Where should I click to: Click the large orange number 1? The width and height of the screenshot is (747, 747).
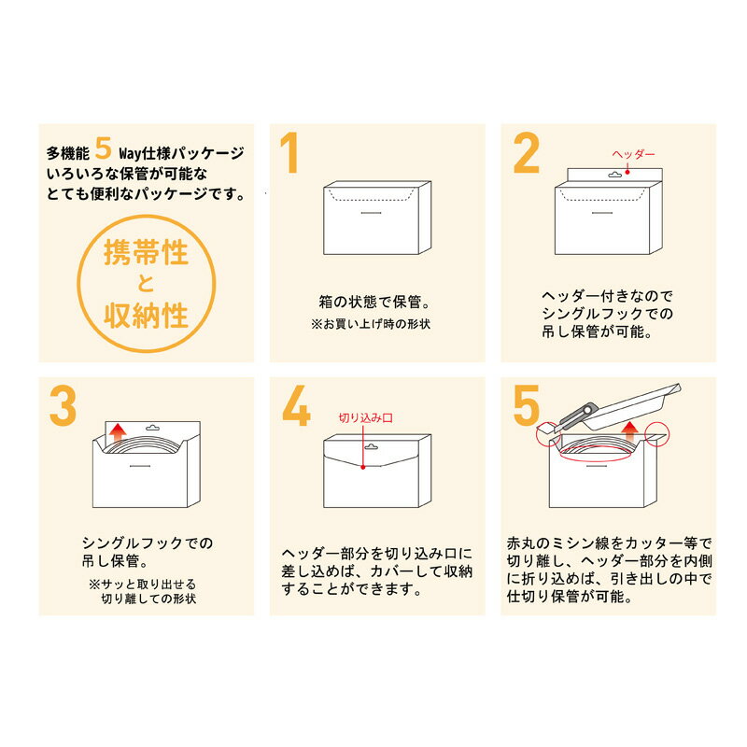click(290, 152)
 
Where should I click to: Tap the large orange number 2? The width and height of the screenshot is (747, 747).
click(527, 152)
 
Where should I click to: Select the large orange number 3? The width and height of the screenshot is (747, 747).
click(63, 405)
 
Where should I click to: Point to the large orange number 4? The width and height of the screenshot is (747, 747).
click(296, 405)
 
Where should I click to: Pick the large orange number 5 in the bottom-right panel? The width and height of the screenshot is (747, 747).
click(527, 405)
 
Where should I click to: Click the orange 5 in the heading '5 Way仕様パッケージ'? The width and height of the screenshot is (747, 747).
click(103, 148)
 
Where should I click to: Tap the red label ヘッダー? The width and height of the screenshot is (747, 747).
click(634, 154)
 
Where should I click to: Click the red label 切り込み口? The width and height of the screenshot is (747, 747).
click(365, 417)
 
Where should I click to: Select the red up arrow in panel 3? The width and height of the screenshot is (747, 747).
click(117, 434)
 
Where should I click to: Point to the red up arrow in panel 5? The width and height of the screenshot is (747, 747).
click(629, 432)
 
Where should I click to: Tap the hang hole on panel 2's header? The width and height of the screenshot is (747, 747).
click(615, 175)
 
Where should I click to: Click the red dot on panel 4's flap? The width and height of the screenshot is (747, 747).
click(363, 467)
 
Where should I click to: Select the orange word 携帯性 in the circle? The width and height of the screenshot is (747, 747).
click(147, 251)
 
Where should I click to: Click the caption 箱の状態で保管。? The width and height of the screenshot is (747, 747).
click(374, 302)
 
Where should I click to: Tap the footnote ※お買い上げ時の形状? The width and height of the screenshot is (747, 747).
click(371, 324)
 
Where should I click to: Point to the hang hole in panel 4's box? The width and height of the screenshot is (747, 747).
click(371, 447)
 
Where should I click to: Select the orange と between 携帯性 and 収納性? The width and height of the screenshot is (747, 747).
click(146, 284)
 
